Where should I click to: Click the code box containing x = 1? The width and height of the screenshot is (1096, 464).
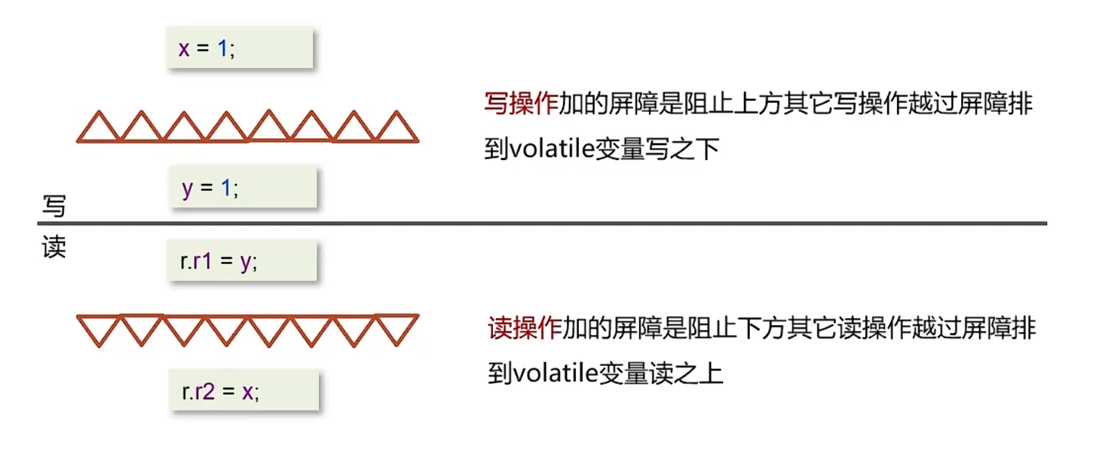(x=240, y=48)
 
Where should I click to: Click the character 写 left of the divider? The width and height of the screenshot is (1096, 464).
(x=54, y=206)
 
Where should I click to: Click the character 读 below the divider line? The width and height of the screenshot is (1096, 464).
(x=54, y=247)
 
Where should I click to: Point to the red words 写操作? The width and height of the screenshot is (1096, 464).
(x=521, y=105)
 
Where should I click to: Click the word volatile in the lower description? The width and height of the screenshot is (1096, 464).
(x=556, y=373)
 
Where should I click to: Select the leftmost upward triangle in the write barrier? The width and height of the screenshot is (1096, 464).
(x=98, y=129)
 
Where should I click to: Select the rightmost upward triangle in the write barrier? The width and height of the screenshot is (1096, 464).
(x=396, y=129)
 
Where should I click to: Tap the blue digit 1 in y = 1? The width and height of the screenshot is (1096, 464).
(x=225, y=188)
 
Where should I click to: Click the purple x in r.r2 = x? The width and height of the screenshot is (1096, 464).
(x=247, y=392)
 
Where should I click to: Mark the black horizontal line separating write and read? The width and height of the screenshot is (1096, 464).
(x=543, y=223)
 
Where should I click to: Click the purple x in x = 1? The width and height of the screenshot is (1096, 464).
(x=183, y=50)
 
